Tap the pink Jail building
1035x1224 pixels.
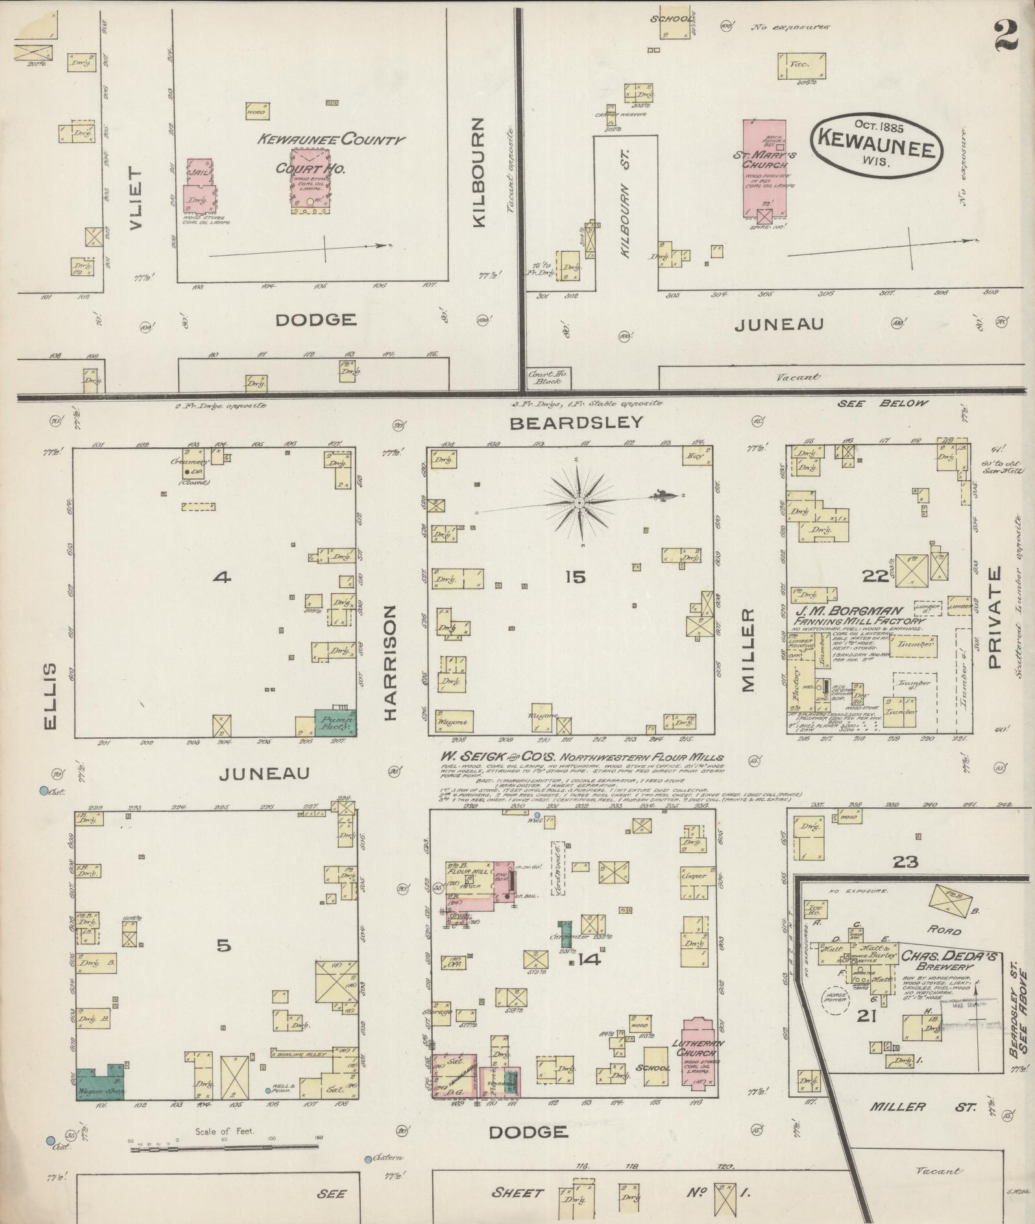tap(199, 183)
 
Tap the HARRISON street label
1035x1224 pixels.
tap(390, 663)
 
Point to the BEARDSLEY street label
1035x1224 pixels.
tap(576, 422)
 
